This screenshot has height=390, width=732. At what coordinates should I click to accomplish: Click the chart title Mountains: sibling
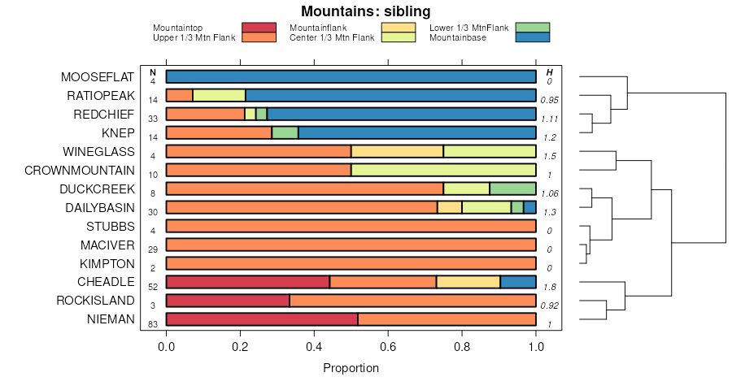(365, 11)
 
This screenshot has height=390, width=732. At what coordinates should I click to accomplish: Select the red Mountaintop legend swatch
(259, 28)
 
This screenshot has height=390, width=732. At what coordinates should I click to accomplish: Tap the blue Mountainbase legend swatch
(534, 37)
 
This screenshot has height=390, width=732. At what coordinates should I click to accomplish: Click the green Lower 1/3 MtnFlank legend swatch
(534, 28)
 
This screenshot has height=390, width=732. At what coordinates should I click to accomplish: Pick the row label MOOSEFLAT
(97, 77)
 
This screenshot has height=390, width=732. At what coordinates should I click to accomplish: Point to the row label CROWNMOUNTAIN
(79, 171)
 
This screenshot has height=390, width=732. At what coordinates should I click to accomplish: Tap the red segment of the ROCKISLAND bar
(228, 301)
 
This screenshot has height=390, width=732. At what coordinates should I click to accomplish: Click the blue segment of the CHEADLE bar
(518, 282)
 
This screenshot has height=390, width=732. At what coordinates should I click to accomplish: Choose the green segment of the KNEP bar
(285, 133)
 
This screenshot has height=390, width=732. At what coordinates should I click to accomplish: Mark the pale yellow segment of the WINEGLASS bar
(397, 152)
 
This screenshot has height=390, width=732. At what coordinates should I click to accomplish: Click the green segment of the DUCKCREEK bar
(512, 188)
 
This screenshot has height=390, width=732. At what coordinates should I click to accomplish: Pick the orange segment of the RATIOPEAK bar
(180, 96)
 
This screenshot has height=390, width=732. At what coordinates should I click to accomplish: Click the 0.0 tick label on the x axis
(167, 347)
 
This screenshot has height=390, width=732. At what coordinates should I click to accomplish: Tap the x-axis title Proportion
(351, 368)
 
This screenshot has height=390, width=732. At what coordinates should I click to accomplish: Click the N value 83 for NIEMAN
(153, 324)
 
